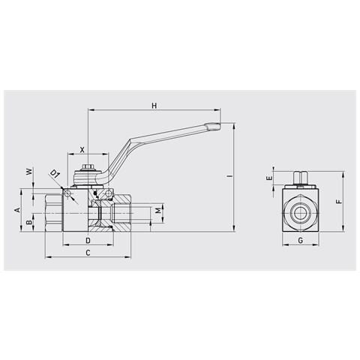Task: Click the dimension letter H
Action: coord(154,106)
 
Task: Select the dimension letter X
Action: coord(82,150)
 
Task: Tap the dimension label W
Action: coord(29,172)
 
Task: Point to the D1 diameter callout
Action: coord(55,174)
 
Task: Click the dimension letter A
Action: coord(17,210)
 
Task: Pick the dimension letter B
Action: coord(29,222)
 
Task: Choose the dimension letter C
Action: coord(88,253)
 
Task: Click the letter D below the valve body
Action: coord(88,241)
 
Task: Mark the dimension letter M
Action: coord(158,211)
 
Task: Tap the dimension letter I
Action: coord(229,176)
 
